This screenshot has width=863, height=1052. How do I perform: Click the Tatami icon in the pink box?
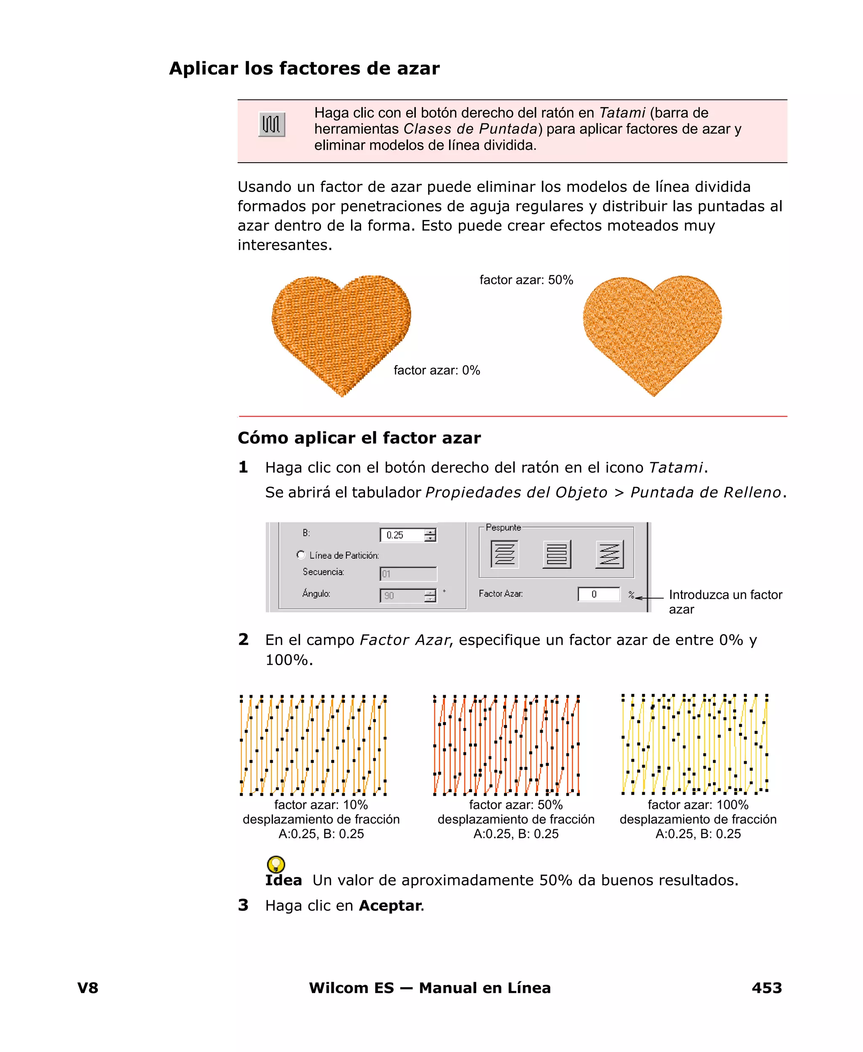[x=271, y=124]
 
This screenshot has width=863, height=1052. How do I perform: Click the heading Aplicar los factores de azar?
[x=304, y=68]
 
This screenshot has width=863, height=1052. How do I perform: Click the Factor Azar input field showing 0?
[x=598, y=594]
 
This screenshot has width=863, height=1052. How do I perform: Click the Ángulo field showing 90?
[x=403, y=595]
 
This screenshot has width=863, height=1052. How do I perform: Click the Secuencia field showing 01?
[x=407, y=574]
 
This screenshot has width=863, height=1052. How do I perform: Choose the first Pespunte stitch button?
[x=504, y=554]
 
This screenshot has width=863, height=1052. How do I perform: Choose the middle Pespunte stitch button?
[x=557, y=554]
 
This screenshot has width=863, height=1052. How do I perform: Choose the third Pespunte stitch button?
[x=609, y=554]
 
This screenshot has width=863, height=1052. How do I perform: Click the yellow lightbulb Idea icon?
[x=276, y=864]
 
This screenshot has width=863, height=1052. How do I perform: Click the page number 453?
[x=767, y=988]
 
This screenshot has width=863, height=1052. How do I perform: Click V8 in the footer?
[x=88, y=988]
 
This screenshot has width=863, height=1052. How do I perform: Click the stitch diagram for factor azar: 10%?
[x=313, y=744]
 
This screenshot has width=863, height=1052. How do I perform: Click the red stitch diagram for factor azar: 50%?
[x=506, y=744]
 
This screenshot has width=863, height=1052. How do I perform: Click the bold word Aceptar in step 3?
[x=390, y=905]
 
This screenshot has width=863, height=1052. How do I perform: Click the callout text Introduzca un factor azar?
[x=725, y=602]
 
